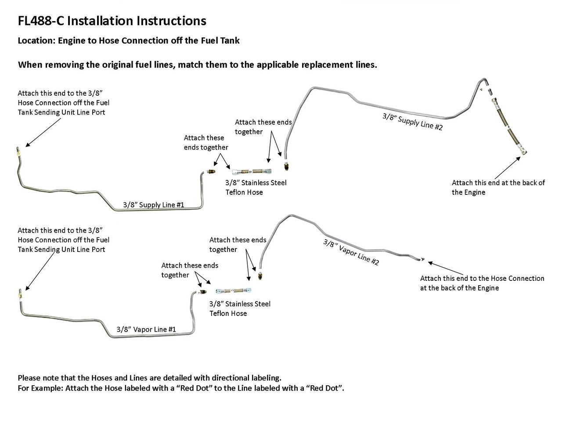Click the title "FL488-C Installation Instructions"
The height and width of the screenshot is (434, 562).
tap(112, 21)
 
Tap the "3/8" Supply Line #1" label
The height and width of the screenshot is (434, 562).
tap(153, 204)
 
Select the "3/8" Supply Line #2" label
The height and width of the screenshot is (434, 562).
tap(412, 121)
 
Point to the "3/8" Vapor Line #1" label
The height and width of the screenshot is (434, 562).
tap(146, 329)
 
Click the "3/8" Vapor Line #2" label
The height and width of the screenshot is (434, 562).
tap(351, 252)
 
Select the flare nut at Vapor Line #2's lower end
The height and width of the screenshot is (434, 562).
tap(261, 277)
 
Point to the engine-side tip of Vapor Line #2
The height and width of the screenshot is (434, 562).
tap(421, 259)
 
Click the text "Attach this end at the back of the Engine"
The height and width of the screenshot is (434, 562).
tap(498, 187)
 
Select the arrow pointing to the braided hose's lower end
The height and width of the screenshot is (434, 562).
tap(510, 167)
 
